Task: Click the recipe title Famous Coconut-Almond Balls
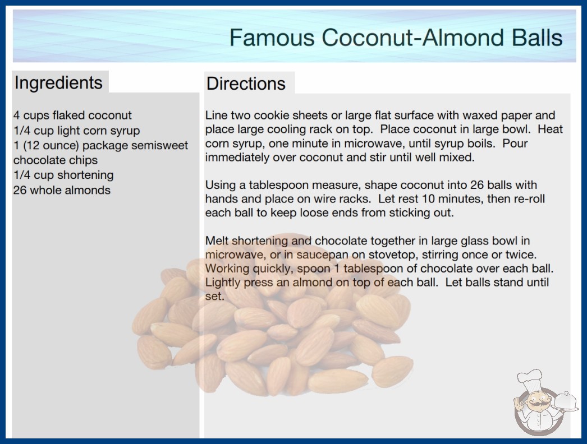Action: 396,38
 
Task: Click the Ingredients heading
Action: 58,83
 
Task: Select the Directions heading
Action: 246,84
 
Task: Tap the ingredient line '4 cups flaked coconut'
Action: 72,115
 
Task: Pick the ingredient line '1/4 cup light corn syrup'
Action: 77,131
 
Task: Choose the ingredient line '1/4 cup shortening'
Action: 63,175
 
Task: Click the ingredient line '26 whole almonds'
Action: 62,190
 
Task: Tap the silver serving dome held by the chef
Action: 567,401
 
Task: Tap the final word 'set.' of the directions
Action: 214,296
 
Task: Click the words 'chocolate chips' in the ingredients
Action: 56,160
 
